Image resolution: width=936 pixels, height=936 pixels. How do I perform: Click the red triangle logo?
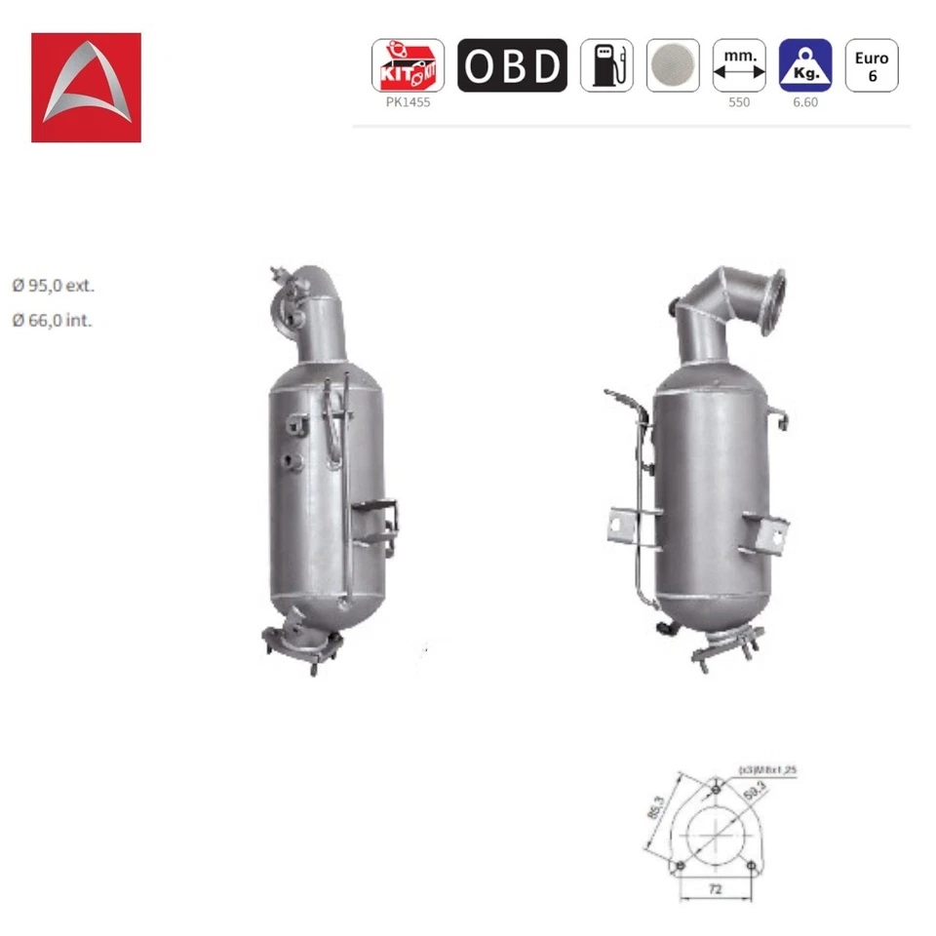click(86, 88)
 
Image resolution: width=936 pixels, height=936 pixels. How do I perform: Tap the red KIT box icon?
click(408, 65)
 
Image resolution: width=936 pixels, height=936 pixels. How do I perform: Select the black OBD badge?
click(512, 65)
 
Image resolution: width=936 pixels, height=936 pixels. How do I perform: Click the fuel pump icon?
click(606, 65)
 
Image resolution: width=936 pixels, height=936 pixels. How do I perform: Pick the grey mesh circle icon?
click(673, 65)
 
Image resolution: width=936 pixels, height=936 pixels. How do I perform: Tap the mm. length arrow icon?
click(739, 65)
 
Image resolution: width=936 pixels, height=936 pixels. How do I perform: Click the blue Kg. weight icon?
click(805, 65)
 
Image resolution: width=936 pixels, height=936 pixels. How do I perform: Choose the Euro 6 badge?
click(872, 65)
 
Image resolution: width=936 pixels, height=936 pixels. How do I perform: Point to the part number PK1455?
click(408, 102)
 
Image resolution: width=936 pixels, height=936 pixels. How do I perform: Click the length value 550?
click(739, 102)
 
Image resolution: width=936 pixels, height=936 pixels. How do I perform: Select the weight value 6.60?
click(805, 102)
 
